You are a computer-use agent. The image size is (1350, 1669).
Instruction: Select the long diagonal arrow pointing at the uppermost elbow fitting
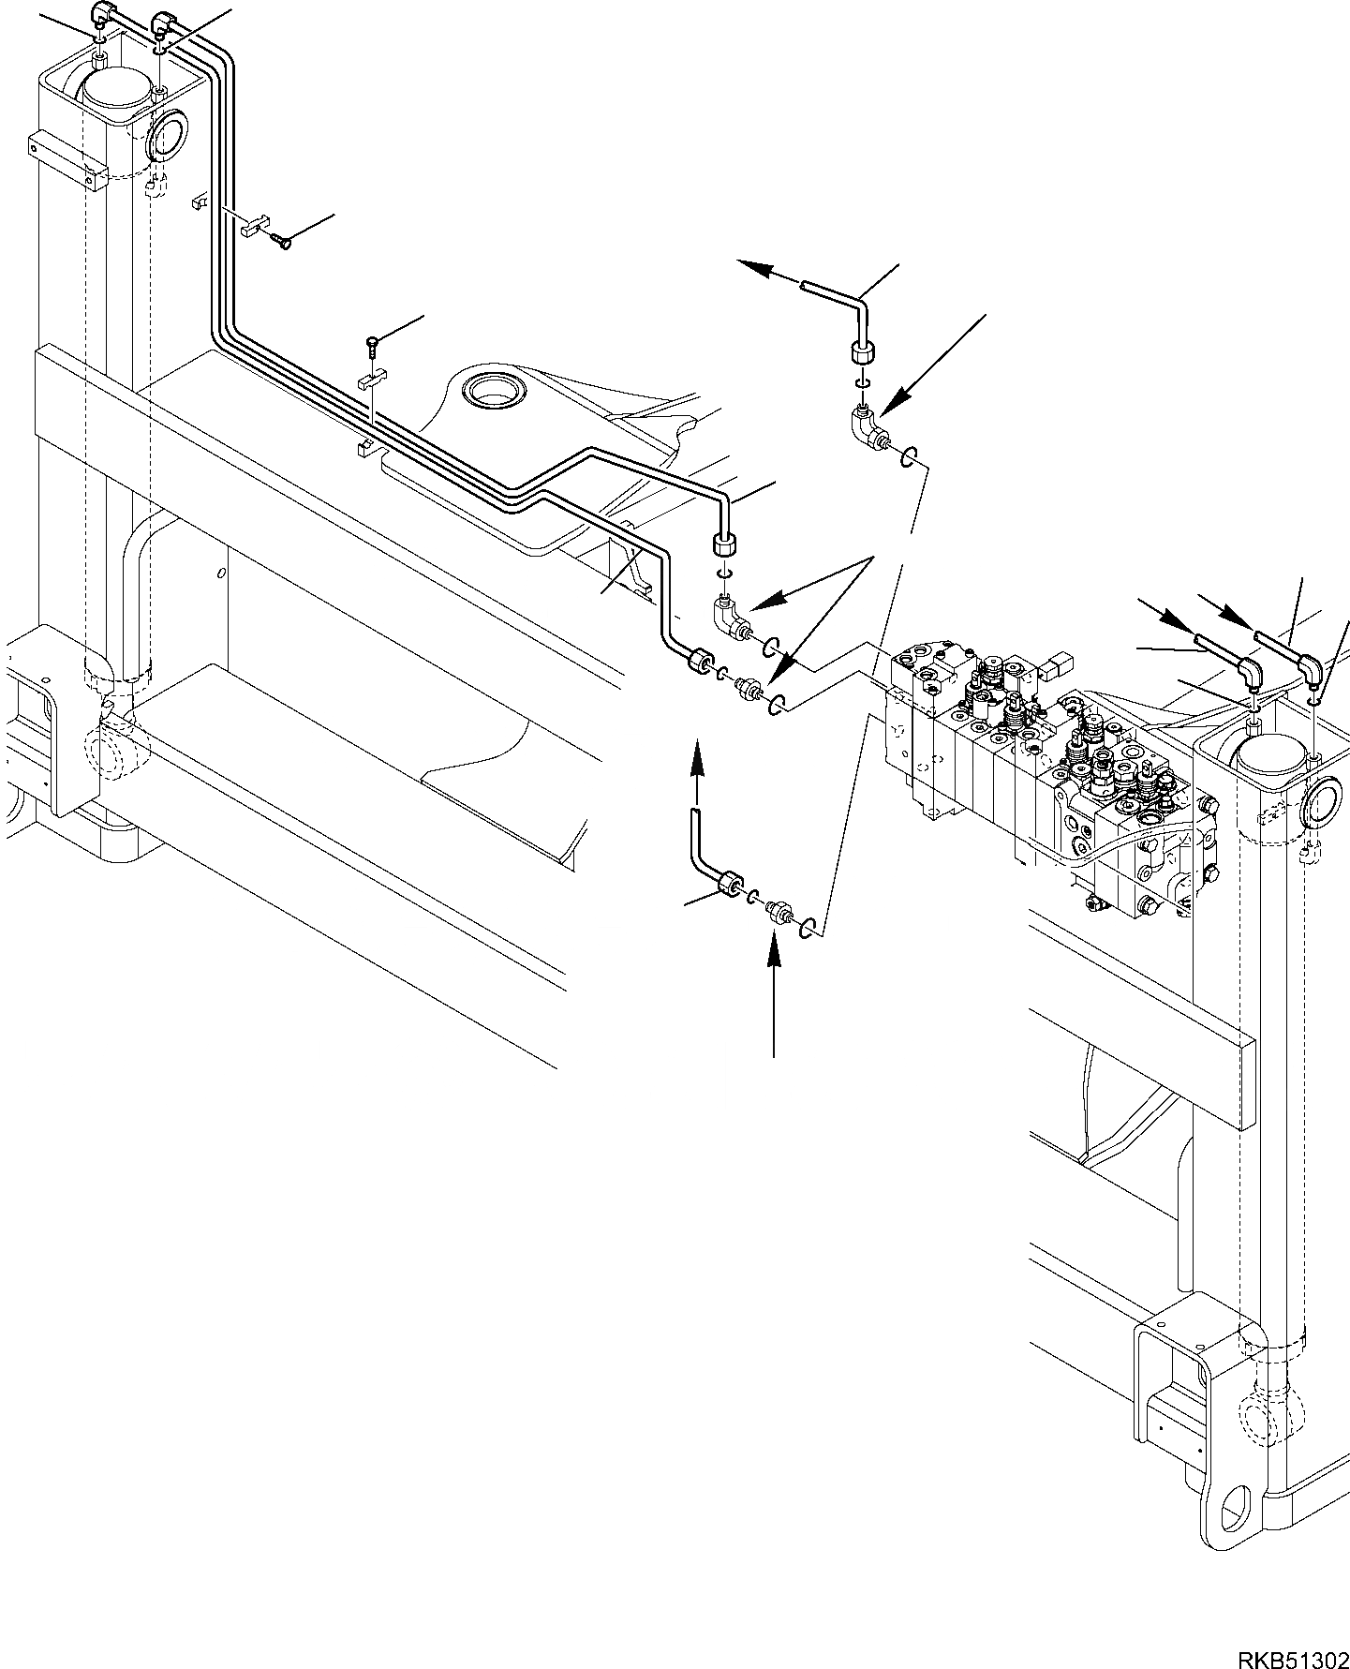click(x=932, y=365)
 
